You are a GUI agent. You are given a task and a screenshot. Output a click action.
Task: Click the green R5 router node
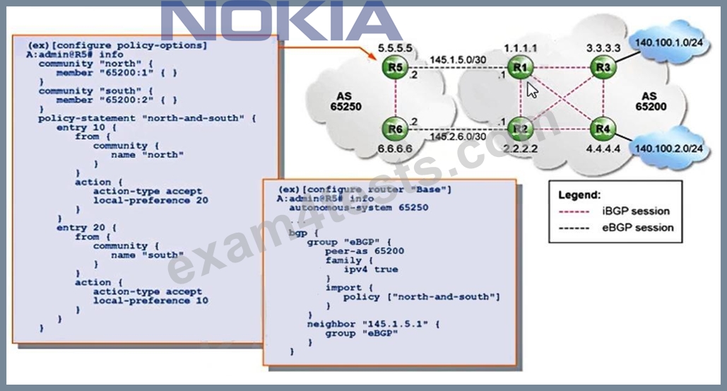click(x=395, y=68)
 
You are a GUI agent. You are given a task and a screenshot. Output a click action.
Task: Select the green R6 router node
click(x=395, y=129)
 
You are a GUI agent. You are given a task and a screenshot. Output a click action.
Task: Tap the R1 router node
click(x=520, y=68)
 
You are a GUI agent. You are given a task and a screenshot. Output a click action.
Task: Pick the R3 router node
click(x=603, y=68)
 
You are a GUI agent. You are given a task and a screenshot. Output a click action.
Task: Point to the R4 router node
click(x=603, y=129)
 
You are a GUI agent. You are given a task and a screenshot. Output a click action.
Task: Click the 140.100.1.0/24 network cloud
click(x=668, y=42)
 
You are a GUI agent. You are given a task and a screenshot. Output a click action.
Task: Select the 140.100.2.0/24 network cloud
click(x=668, y=148)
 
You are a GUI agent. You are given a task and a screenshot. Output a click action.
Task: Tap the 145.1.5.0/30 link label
click(x=458, y=60)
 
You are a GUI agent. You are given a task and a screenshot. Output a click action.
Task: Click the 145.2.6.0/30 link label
click(x=458, y=136)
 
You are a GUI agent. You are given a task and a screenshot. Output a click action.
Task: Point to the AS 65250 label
click(x=345, y=102)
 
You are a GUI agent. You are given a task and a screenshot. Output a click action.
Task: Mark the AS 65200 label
click(x=651, y=102)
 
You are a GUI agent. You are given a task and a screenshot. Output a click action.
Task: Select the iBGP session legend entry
click(x=615, y=211)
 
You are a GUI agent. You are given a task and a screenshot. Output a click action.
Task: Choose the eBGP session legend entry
click(x=616, y=228)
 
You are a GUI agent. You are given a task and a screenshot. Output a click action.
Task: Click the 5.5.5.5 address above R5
click(x=395, y=48)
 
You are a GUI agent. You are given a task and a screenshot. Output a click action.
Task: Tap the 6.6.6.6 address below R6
click(x=395, y=149)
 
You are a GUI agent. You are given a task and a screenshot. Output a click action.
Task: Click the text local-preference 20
click(x=150, y=200)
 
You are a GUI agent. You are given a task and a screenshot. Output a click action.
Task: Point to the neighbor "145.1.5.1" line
click(x=374, y=325)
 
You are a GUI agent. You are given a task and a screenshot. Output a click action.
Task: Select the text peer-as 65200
click(x=365, y=251)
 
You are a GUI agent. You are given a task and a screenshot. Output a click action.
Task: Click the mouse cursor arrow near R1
click(x=531, y=90)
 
